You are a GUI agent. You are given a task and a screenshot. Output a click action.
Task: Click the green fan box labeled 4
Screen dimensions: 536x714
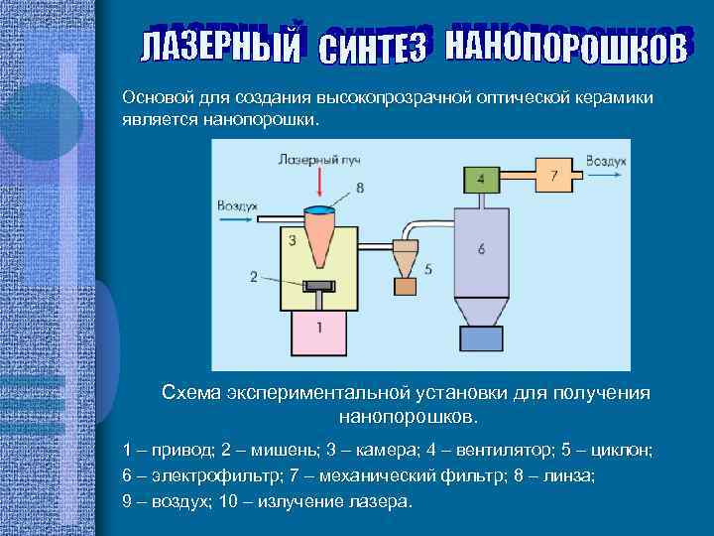(x=481, y=179)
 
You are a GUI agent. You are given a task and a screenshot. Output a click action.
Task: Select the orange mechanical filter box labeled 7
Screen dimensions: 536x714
(x=553, y=176)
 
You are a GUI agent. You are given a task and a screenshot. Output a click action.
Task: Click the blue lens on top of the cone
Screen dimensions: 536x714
(x=319, y=209)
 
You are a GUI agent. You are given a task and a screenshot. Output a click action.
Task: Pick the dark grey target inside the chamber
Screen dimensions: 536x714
(x=318, y=288)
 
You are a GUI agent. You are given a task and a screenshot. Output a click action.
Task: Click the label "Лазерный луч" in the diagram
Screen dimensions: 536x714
(x=315, y=158)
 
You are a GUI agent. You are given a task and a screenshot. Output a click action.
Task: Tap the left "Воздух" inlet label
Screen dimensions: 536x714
(x=237, y=204)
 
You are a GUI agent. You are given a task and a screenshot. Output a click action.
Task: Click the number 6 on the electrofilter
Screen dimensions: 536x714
(x=481, y=250)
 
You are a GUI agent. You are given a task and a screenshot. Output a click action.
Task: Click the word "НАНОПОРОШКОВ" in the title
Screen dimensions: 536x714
(x=565, y=45)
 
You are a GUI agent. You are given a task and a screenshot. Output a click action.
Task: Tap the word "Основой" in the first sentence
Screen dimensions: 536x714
(x=154, y=99)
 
